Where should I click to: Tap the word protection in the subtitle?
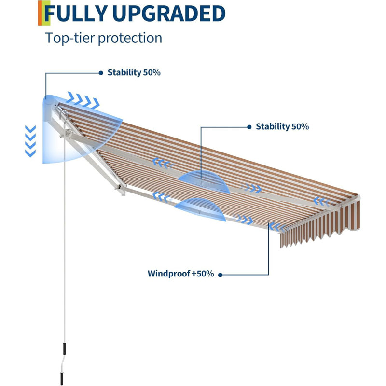[x=130, y=39]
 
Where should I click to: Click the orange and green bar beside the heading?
[x=44, y=13]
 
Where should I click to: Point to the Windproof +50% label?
[x=180, y=274]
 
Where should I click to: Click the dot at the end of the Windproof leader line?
[x=221, y=275]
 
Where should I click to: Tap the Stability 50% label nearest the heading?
[x=134, y=72]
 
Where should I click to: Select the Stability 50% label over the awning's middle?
[x=282, y=126]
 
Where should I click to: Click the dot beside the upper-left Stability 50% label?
[x=101, y=73]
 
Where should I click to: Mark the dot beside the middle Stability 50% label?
[x=249, y=127]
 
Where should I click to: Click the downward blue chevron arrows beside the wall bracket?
[x=30, y=141]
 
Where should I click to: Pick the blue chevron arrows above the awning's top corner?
[x=83, y=100]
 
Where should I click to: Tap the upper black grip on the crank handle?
[x=65, y=348]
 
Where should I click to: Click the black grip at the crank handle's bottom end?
[x=62, y=379]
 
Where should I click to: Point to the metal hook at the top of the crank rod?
[x=64, y=116]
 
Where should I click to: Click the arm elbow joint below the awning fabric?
[x=121, y=189]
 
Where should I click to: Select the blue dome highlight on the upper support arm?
[x=204, y=181]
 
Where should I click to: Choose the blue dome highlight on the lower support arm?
[x=200, y=209]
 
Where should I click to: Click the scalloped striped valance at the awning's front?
[x=320, y=224]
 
